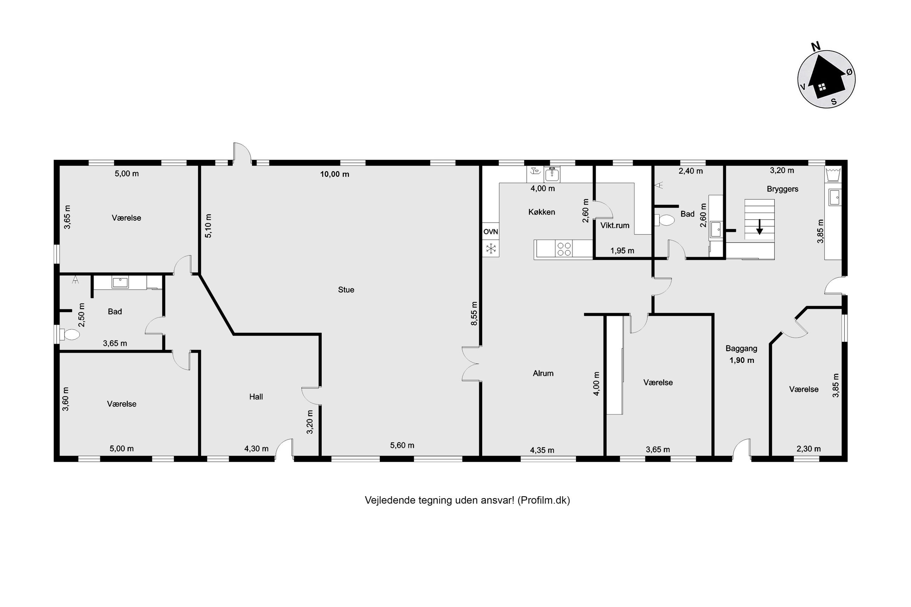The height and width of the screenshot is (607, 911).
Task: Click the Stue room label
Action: point(346,290)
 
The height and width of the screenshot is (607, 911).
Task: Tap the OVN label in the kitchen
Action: point(491,232)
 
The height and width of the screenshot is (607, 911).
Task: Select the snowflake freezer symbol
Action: point(491,249)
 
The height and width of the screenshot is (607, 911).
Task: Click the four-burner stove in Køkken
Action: point(564,249)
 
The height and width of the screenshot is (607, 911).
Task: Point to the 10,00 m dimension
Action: point(335,174)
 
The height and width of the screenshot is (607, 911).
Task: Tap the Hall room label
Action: point(256,396)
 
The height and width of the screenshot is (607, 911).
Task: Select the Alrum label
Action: point(543,373)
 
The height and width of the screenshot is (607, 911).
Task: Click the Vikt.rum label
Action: point(615,225)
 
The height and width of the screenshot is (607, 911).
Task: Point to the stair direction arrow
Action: point(759,227)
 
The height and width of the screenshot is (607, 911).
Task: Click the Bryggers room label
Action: point(782,189)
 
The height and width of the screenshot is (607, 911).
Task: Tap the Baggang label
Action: point(741,348)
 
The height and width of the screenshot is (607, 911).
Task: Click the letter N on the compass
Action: point(815,47)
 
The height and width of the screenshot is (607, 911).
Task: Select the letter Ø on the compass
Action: point(849,72)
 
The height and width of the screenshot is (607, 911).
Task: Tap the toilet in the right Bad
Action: point(664,220)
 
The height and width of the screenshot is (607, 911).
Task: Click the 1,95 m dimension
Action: point(622,251)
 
